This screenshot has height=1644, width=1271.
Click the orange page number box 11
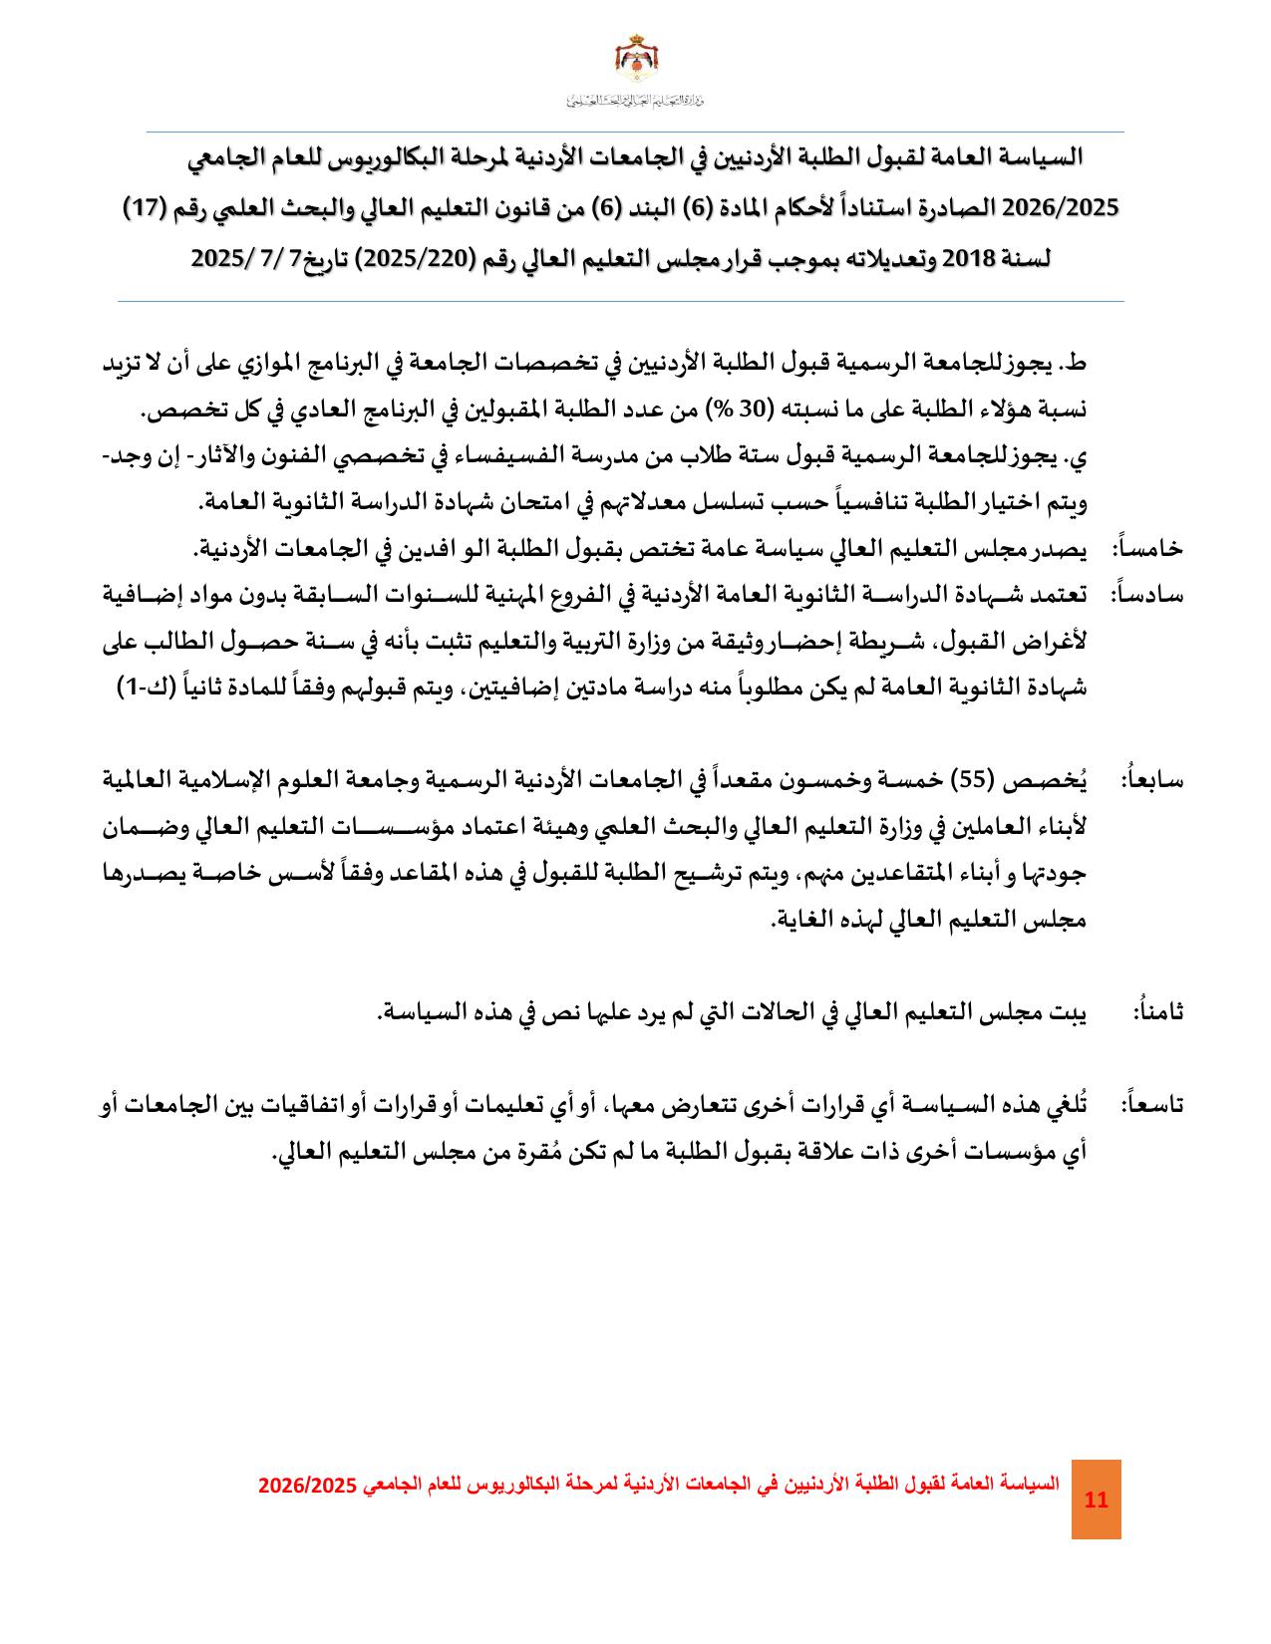[x=1096, y=1500]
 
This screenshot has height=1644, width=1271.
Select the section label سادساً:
[x=1147, y=595]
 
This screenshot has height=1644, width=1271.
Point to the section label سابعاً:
[x=1152, y=779]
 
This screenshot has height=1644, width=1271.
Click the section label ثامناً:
[x=1157, y=1012]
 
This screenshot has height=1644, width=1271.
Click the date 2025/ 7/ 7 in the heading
[x=239, y=259]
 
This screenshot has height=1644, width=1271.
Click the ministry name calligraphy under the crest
[x=634, y=100]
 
